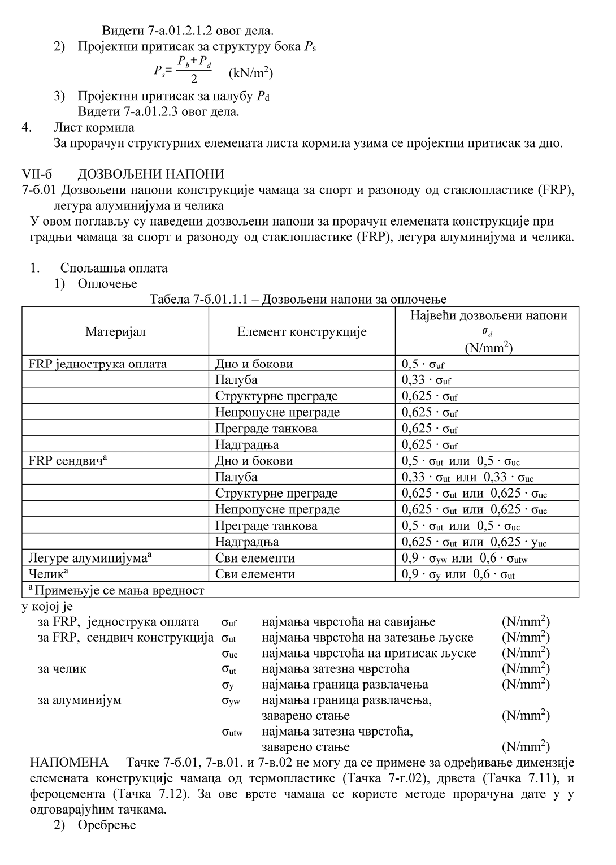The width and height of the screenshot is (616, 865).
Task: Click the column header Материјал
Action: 115,332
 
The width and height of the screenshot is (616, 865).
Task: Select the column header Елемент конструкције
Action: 301,332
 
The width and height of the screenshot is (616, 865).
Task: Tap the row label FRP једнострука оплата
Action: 98,364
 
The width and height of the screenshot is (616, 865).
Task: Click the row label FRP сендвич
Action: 68,461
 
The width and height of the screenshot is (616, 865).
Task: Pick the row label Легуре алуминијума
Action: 90,558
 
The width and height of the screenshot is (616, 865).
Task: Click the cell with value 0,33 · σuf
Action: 426,380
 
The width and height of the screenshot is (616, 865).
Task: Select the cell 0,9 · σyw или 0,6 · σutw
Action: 465,558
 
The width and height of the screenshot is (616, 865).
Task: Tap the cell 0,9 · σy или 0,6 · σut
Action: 458,574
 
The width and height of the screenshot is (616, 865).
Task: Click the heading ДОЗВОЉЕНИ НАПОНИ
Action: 151,174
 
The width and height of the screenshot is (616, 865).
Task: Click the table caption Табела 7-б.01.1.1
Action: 298,299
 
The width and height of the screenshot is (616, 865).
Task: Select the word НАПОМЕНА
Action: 69,763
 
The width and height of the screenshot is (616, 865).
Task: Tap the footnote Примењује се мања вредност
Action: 116,591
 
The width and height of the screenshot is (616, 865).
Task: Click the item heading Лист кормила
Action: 94,127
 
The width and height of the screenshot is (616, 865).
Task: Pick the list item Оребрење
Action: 107,825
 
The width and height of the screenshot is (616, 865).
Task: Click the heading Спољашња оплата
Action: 114,268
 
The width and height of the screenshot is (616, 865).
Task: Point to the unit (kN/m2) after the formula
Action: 250,73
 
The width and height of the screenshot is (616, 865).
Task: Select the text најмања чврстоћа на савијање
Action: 349,622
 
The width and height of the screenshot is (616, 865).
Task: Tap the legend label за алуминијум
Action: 79,700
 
